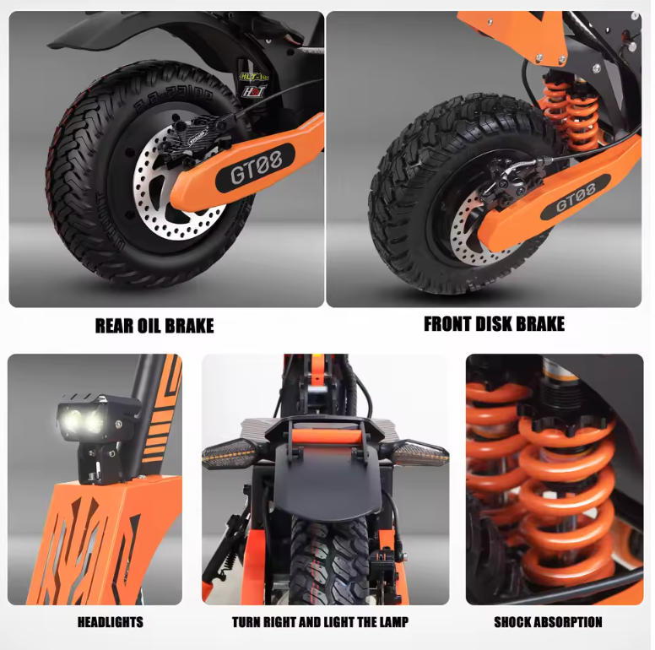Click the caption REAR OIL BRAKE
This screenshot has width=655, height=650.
154,326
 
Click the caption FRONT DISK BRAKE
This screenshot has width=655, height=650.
494,324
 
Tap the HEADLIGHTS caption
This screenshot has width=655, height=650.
111,622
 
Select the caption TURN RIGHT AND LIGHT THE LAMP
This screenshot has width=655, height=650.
320,622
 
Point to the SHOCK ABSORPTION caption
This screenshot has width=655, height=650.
548,622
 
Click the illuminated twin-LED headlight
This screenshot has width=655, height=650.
81,418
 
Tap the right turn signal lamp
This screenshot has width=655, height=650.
420,452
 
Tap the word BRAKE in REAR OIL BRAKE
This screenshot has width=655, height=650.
191,326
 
